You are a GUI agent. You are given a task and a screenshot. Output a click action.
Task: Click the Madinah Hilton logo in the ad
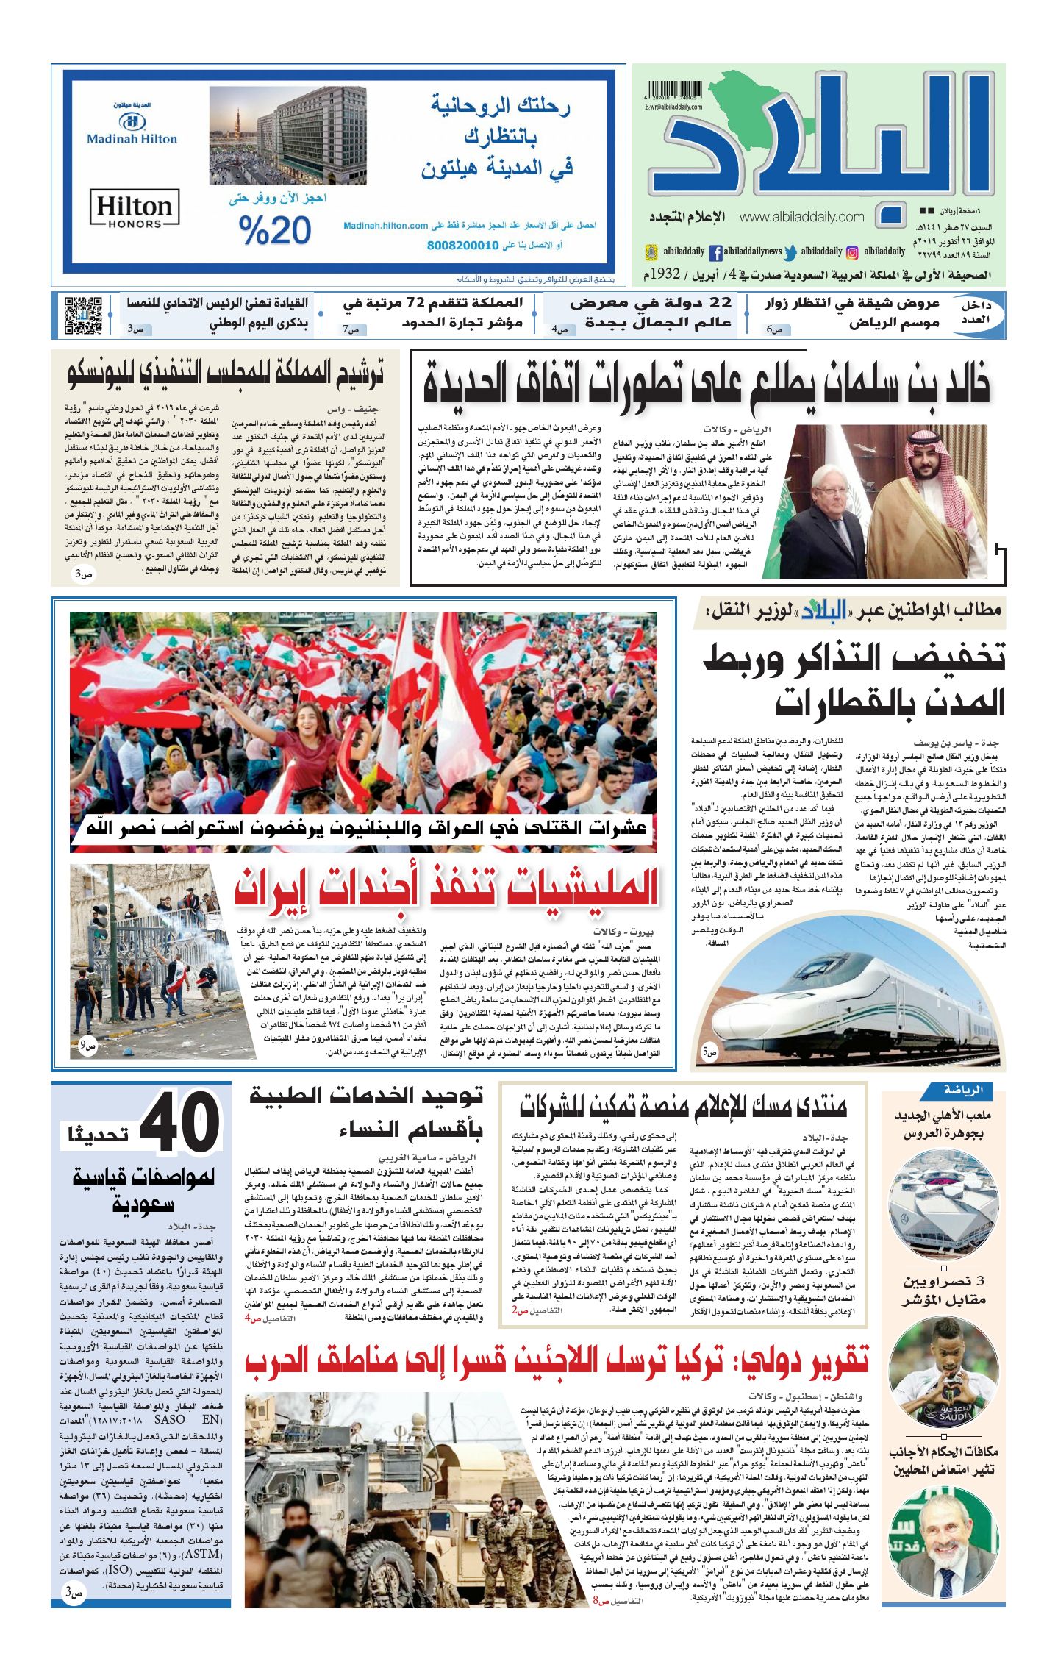pos(132,124)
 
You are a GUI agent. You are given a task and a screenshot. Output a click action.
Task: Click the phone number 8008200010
pos(462,245)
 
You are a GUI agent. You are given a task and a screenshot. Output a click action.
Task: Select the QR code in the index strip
pos(82,315)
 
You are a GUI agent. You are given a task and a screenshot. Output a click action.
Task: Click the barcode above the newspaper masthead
pos(673,90)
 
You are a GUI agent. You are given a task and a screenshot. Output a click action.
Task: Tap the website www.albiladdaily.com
pos(801,217)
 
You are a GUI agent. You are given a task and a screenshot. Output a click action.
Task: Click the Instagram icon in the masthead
pos(852,252)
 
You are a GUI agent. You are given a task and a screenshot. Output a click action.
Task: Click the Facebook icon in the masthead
pos(715,253)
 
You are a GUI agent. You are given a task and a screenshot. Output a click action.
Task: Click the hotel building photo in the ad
pos(287,136)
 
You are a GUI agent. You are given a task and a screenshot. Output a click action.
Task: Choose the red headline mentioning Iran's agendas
pos(446,889)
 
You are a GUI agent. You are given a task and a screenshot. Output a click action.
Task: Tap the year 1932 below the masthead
pos(662,275)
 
